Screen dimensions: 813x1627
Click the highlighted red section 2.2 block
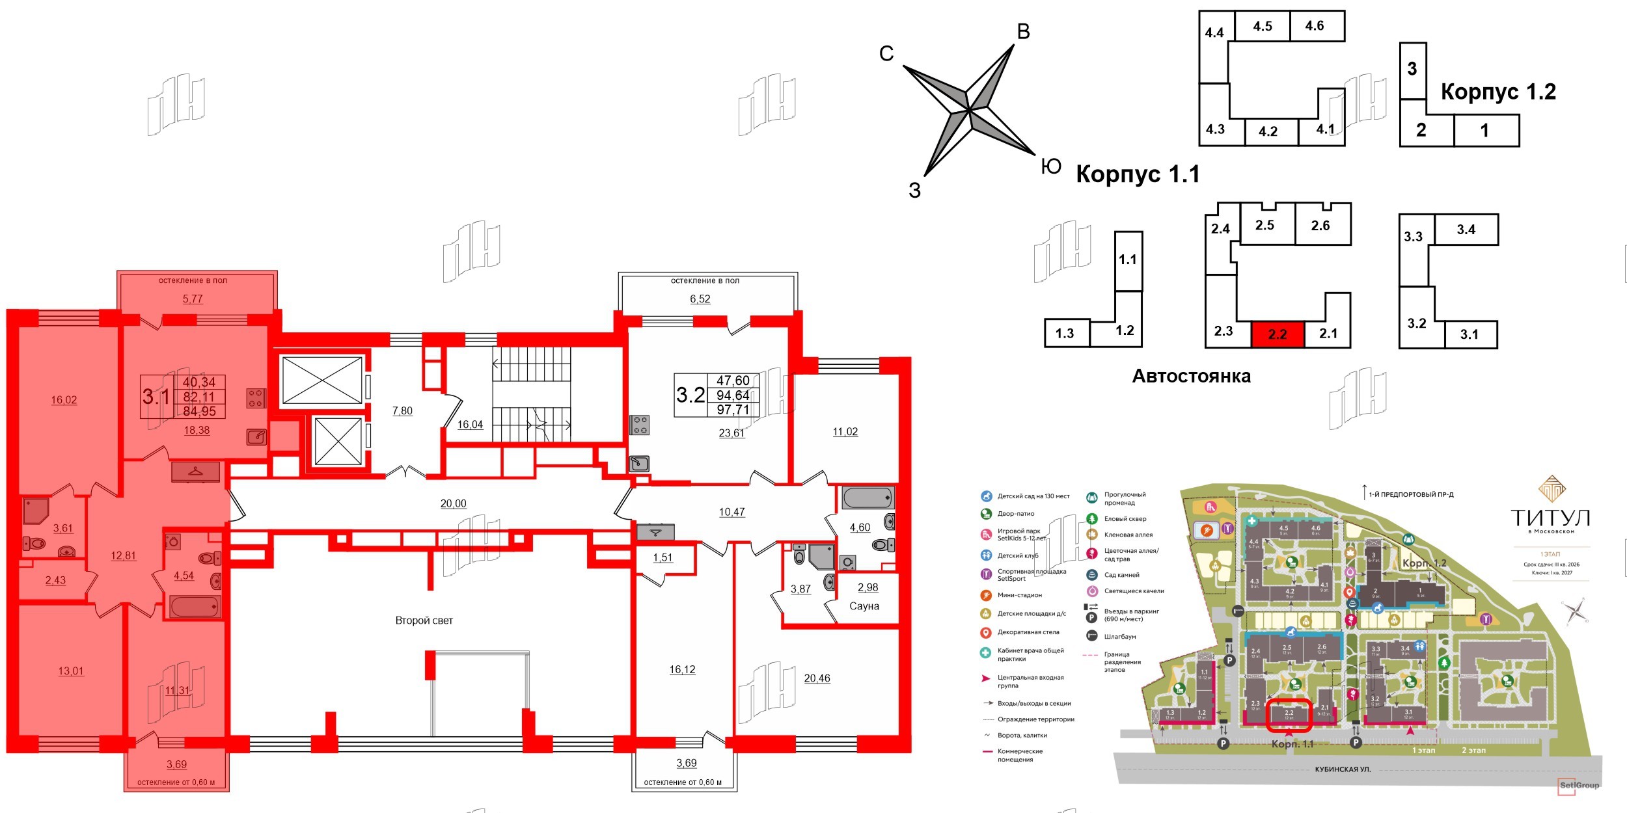1278,334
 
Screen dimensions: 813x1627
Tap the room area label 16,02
64,400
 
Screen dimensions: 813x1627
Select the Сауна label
864,606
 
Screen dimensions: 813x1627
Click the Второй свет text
424,620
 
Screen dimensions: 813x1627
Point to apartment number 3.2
690,395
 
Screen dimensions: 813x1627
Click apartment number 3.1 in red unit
156,396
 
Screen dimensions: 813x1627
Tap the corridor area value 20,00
453,503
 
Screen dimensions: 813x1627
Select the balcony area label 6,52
700,299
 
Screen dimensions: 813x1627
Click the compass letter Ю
1051,167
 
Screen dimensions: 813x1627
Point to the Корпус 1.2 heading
1498,92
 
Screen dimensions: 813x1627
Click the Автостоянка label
1191,376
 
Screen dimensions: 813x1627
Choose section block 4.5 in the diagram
1263,26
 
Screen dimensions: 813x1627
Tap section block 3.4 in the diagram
1466,229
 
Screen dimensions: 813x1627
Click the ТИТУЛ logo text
1550,518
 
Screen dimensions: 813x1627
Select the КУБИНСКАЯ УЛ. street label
1342,769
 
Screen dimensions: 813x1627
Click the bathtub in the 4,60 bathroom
868,498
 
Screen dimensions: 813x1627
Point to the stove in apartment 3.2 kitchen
640,425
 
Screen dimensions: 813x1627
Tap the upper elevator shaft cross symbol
322,380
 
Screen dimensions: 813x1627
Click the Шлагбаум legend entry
1119,636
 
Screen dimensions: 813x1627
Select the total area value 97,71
733,410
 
